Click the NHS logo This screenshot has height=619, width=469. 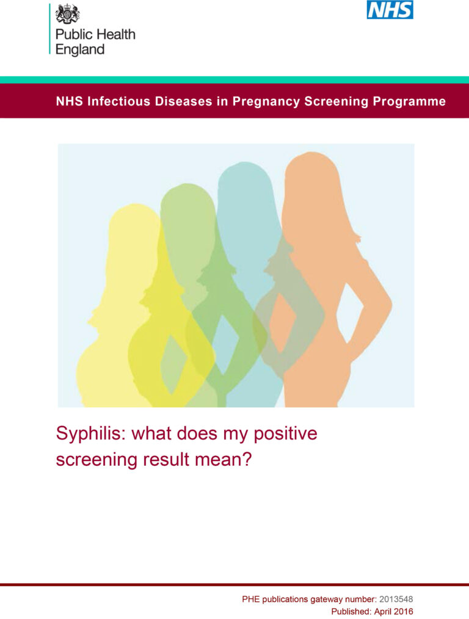click(x=390, y=10)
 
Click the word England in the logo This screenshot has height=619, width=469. click(x=80, y=49)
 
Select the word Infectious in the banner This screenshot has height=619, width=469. click(x=116, y=101)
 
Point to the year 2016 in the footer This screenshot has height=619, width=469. click(x=404, y=611)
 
